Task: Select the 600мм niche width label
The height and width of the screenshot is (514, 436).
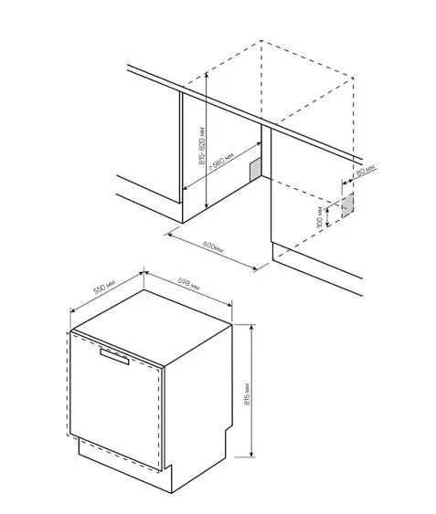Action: [x=213, y=250]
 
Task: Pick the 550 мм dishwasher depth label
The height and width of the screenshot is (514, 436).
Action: [x=105, y=289]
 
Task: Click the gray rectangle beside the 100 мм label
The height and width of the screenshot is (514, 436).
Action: [x=346, y=205]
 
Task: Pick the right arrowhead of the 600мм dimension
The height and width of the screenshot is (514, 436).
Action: [x=257, y=267]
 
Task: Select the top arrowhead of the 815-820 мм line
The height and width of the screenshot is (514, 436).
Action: [x=208, y=75]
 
